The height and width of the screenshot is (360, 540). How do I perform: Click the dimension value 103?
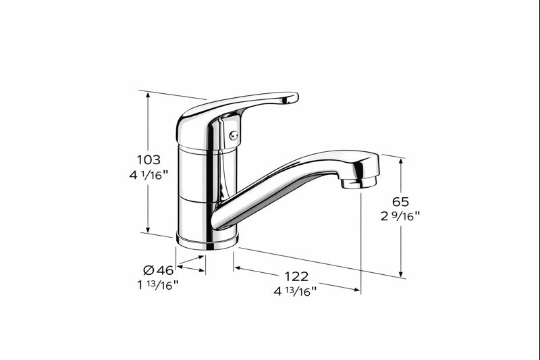click(148, 160)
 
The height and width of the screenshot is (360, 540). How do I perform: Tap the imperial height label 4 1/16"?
click(148, 175)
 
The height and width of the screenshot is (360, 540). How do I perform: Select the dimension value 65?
click(401, 201)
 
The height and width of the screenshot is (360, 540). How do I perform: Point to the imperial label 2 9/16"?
click(401, 216)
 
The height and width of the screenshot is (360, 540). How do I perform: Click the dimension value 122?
click(296, 276)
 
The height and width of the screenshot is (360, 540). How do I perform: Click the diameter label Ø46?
click(158, 270)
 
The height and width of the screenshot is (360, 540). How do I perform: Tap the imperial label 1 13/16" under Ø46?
click(157, 284)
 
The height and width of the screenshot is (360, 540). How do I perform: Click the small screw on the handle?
click(233, 135)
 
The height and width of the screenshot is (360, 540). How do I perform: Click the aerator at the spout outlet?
click(358, 182)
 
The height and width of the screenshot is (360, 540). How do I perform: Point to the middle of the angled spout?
click(283, 182)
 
